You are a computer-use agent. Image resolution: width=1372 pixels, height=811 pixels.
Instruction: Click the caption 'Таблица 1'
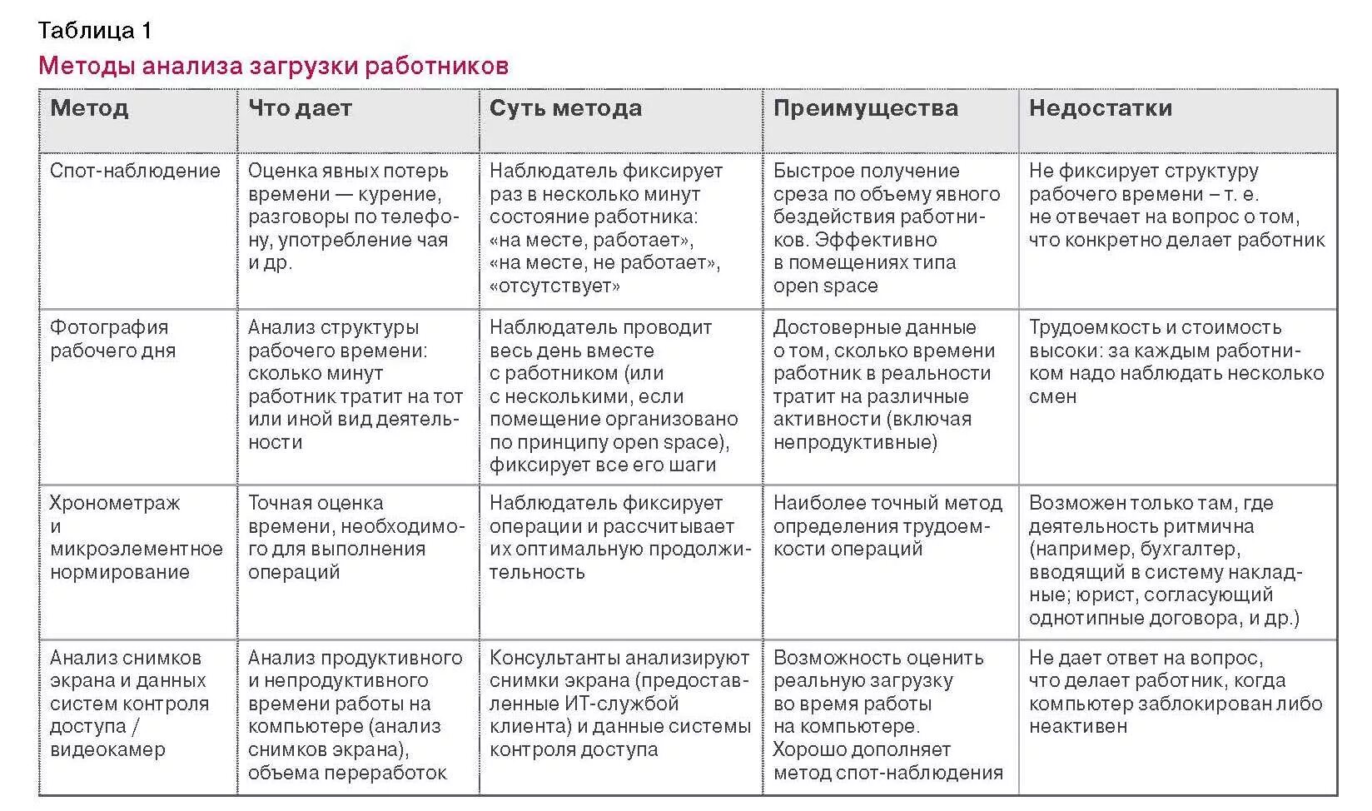(x=95, y=32)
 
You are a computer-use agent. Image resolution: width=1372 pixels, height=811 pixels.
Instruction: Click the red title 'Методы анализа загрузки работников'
(x=273, y=67)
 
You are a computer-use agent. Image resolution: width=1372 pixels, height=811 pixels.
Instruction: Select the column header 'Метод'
(x=89, y=108)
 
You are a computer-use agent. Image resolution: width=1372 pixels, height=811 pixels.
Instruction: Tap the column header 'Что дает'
(x=300, y=108)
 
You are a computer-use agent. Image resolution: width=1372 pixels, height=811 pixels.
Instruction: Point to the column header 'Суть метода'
(x=565, y=108)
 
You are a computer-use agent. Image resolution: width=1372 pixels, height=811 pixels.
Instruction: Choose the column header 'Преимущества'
(x=865, y=108)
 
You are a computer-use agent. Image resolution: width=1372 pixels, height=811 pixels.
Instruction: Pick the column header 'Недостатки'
(x=1100, y=108)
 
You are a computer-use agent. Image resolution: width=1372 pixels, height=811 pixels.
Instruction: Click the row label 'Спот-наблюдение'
(x=135, y=172)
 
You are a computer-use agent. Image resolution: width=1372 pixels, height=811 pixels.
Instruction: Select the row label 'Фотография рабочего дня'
(x=112, y=339)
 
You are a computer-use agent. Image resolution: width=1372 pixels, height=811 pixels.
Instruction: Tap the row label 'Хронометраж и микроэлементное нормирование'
(x=136, y=537)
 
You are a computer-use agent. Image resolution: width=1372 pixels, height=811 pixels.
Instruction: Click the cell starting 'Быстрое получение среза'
(x=886, y=228)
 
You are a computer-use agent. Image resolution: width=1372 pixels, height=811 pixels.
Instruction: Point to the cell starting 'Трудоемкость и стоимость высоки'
(x=1175, y=361)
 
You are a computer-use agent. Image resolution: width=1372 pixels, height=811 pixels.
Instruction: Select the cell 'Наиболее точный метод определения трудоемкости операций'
(x=887, y=526)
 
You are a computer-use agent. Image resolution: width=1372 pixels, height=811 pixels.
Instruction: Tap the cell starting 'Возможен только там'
(x=1165, y=560)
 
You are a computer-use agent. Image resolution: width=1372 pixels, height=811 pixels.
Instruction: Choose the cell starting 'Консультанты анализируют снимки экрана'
(x=619, y=704)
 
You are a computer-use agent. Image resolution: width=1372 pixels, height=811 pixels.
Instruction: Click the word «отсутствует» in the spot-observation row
(x=554, y=286)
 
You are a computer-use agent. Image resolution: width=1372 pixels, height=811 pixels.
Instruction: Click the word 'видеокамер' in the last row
(x=107, y=749)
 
